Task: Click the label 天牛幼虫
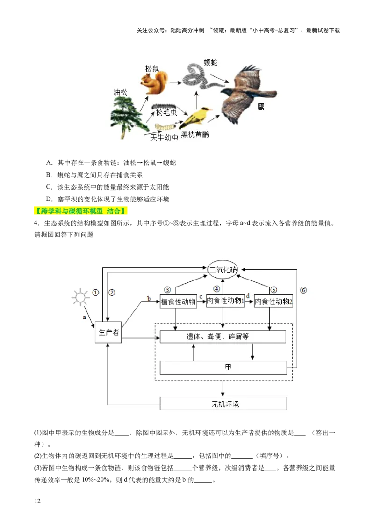tap(164, 137)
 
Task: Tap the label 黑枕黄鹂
tap(195, 134)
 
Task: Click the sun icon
tap(80, 297)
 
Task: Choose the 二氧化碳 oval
tap(223, 270)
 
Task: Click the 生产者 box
tap(108, 332)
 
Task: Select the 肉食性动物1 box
tap(225, 301)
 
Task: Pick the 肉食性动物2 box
tap(273, 302)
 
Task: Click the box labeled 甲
tap(223, 368)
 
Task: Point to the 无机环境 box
tap(223, 404)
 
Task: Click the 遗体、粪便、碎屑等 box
tap(223, 337)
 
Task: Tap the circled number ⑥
tap(303, 290)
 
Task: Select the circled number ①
tap(95, 292)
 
